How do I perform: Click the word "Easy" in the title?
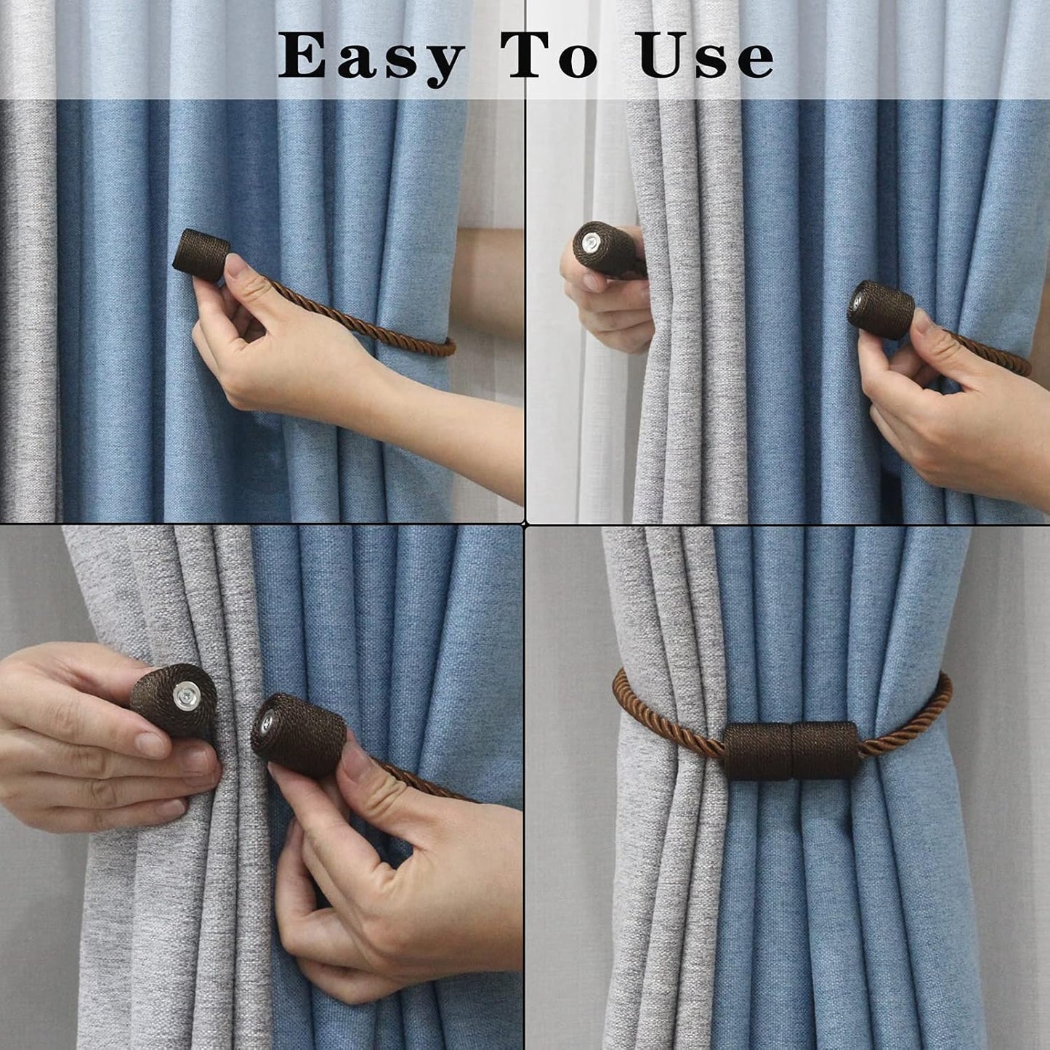(371, 57)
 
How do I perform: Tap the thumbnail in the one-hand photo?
(239, 268)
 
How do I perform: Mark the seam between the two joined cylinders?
(791, 750)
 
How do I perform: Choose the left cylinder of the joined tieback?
(758, 750)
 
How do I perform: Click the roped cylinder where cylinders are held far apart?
(881, 310)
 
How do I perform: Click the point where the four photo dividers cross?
(525, 522)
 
